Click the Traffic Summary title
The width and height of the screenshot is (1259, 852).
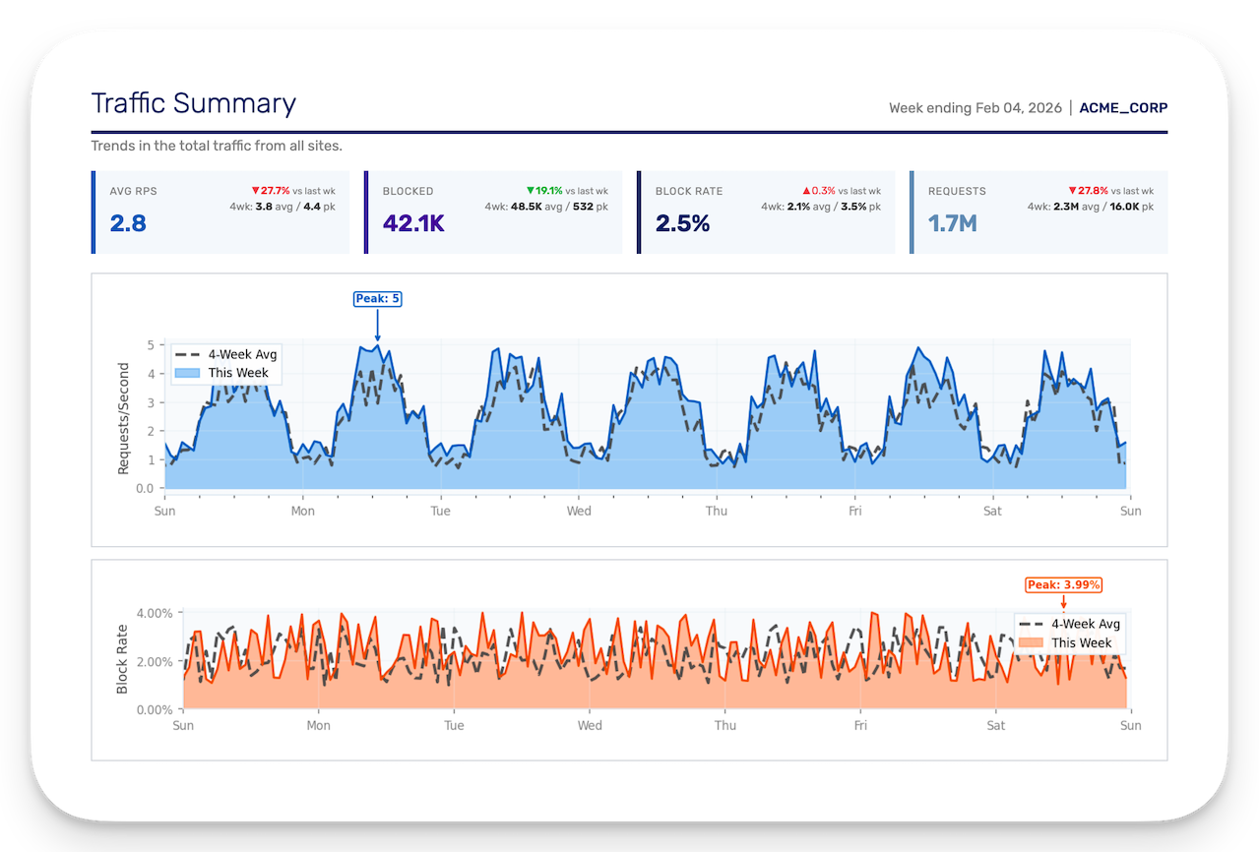click(193, 104)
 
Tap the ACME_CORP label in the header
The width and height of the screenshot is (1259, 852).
click(1123, 108)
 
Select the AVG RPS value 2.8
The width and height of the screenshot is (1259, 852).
click(128, 223)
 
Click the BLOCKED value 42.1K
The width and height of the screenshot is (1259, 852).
click(413, 223)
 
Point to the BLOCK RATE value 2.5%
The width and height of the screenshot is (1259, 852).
click(682, 223)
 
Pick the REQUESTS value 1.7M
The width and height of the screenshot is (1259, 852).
click(952, 223)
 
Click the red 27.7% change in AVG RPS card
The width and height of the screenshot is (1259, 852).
click(271, 191)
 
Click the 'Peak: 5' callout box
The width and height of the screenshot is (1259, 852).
click(377, 299)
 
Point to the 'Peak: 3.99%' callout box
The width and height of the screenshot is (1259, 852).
click(1063, 584)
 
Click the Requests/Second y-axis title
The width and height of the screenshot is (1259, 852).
click(123, 419)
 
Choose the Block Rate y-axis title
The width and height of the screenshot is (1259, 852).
click(122, 658)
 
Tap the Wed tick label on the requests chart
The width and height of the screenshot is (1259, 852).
click(579, 512)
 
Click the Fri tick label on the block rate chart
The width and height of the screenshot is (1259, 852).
click(860, 726)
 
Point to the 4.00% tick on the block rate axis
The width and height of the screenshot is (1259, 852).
click(153, 613)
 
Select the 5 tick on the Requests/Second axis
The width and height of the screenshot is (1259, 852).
click(151, 345)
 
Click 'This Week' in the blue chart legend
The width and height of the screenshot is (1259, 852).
click(238, 374)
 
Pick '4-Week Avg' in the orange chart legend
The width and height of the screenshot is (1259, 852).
click(1085, 624)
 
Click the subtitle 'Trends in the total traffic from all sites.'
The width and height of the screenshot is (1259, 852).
click(217, 147)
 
